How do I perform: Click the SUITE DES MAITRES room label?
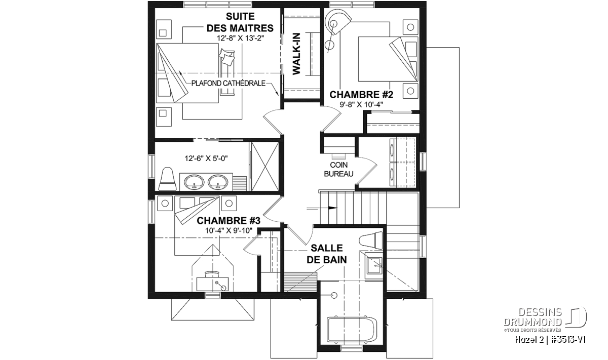pos(240,22)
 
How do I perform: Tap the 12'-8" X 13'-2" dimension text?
pos(241,38)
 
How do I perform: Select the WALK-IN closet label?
pos(297,54)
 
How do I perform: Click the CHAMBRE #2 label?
pos(361,95)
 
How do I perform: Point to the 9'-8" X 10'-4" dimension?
pos(361,104)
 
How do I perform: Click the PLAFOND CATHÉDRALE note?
pos(229,83)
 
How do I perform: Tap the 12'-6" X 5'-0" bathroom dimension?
pos(206,158)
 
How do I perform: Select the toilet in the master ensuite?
pos(167,179)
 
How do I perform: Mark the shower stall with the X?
pos(265,166)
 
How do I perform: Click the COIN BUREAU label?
pos(339,169)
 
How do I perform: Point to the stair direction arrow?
pos(322,208)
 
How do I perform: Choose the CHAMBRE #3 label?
pos(229,221)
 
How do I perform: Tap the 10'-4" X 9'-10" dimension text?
pos(229,230)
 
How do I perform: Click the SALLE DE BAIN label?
pos(327,254)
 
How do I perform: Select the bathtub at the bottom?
pos(352,330)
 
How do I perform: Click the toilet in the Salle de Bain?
pos(371,241)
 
